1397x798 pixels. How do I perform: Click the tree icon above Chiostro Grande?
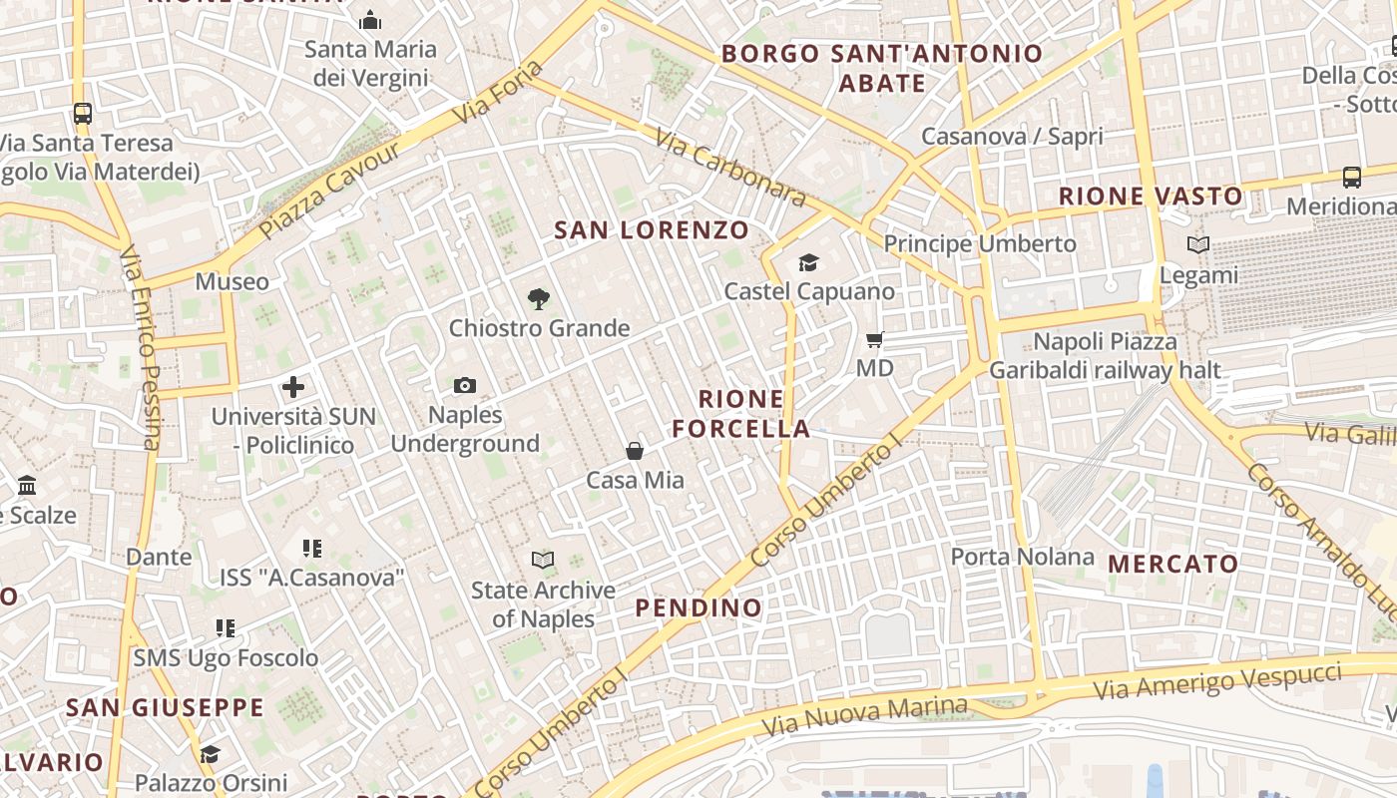click(539, 298)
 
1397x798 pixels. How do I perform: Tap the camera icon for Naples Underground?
click(465, 385)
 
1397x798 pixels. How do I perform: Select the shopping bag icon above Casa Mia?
click(635, 451)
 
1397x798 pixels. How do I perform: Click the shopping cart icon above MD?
click(875, 339)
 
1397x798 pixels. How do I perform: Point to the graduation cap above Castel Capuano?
click(808, 262)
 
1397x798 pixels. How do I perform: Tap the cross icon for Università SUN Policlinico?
click(293, 387)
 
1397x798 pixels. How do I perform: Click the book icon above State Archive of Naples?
click(543, 560)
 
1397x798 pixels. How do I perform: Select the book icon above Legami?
click(1198, 244)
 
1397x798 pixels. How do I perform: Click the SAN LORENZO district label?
click(652, 230)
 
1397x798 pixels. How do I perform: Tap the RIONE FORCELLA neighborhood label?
click(740, 414)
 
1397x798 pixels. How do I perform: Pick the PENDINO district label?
click(698, 607)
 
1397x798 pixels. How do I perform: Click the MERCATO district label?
click(1173, 564)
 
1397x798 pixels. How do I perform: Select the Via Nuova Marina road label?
click(865, 716)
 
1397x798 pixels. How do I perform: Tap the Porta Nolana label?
click(1022, 557)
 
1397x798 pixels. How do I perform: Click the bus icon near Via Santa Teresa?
click(83, 114)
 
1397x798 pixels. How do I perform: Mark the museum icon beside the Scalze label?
click(27, 486)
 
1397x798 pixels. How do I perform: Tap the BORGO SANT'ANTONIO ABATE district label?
click(882, 68)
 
